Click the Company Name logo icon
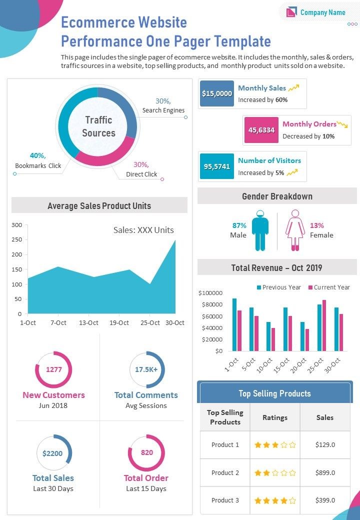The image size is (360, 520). [291, 12]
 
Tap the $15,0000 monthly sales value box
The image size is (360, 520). [216, 93]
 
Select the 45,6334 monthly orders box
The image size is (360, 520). [261, 130]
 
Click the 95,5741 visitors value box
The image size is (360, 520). [216, 166]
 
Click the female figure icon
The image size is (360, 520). [295, 230]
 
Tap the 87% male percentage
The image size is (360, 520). [239, 225]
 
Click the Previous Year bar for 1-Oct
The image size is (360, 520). [234, 324]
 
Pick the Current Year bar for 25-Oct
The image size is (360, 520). [324, 325]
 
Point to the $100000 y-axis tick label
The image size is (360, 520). [210, 292]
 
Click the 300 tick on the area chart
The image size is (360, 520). [16, 225]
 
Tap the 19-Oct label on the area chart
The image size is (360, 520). [119, 323]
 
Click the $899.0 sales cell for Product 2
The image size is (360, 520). [325, 472]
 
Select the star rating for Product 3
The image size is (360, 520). [275, 500]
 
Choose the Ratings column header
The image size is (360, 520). [275, 417]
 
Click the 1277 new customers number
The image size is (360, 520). [53, 370]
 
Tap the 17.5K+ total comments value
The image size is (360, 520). [146, 370]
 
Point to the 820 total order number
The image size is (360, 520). [146, 453]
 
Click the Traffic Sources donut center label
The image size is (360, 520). [98, 126]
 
